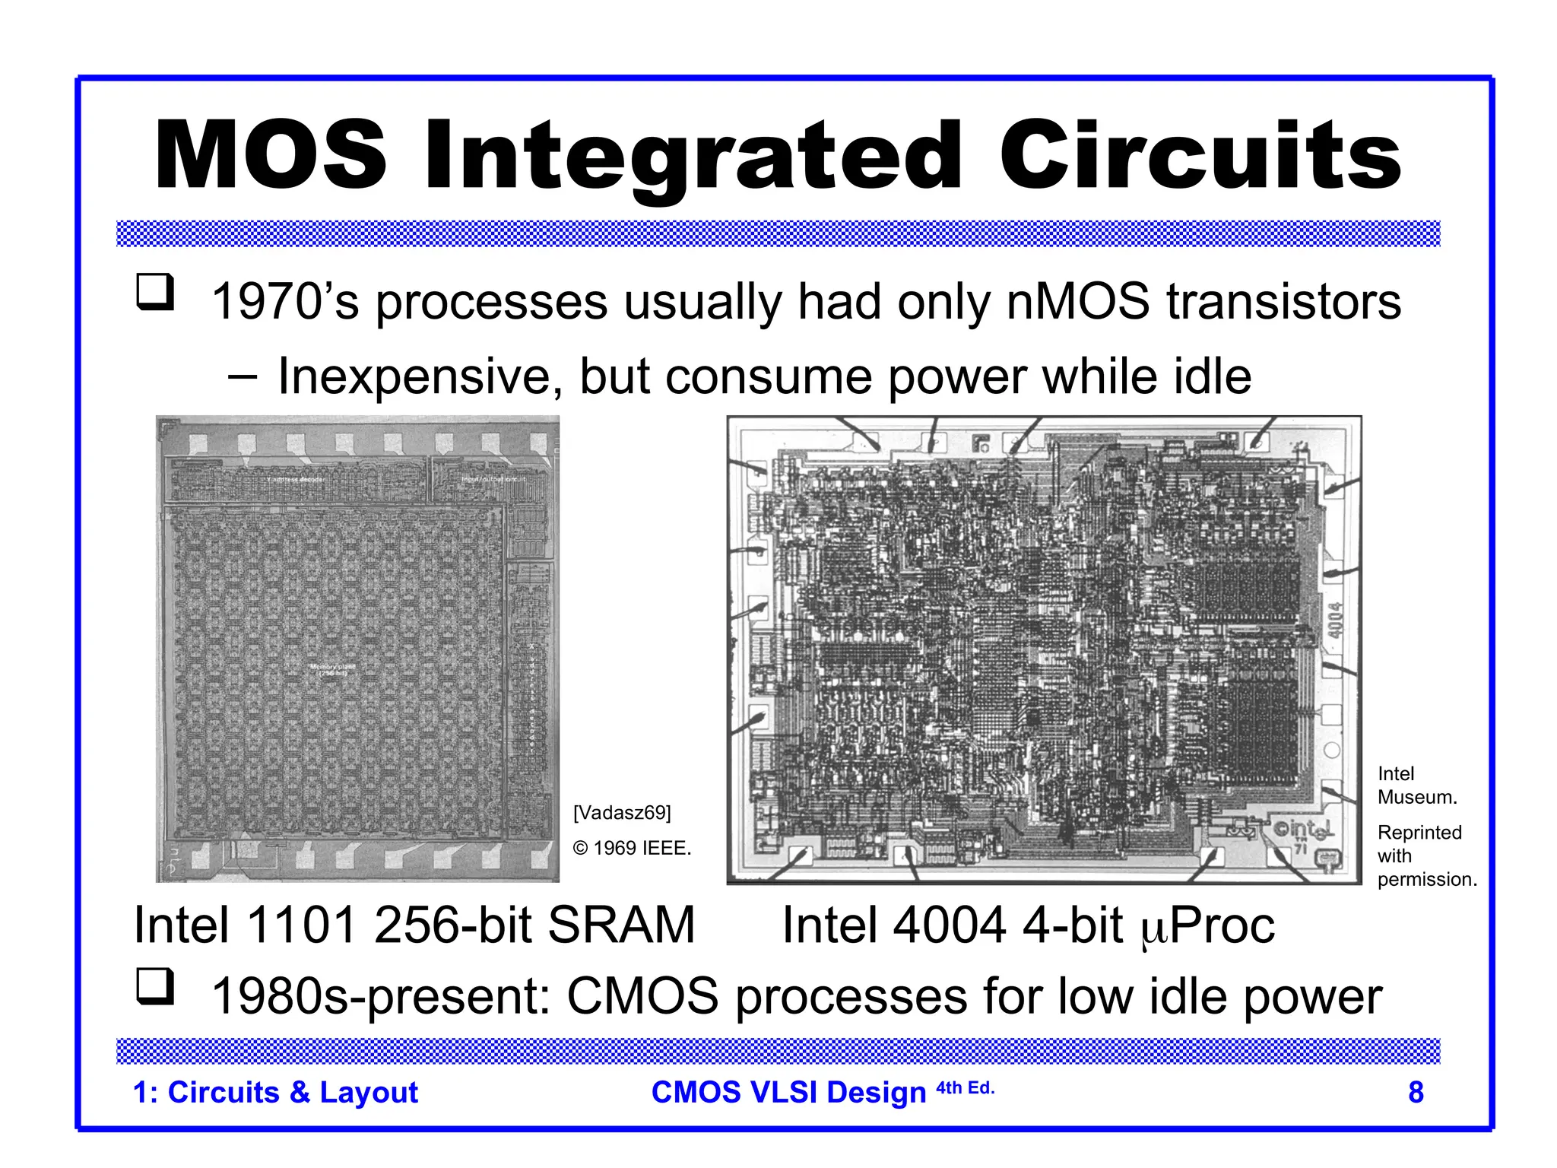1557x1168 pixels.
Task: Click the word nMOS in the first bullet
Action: click(1078, 302)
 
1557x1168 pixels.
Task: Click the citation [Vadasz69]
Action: click(622, 813)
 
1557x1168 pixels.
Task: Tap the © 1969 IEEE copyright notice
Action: click(632, 848)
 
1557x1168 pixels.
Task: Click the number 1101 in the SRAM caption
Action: click(302, 925)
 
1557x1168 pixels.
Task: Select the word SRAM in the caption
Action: click(620, 925)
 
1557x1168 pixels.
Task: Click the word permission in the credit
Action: click(1427, 879)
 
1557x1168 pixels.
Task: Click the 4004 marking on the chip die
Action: click(1335, 620)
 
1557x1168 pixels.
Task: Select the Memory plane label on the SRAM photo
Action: click(332, 670)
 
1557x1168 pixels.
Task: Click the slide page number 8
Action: click(1416, 1092)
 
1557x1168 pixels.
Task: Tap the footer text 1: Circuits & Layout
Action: click(275, 1092)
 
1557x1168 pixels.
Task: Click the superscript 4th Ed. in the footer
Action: click(965, 1087)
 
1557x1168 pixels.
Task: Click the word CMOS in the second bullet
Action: click(642, 997)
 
